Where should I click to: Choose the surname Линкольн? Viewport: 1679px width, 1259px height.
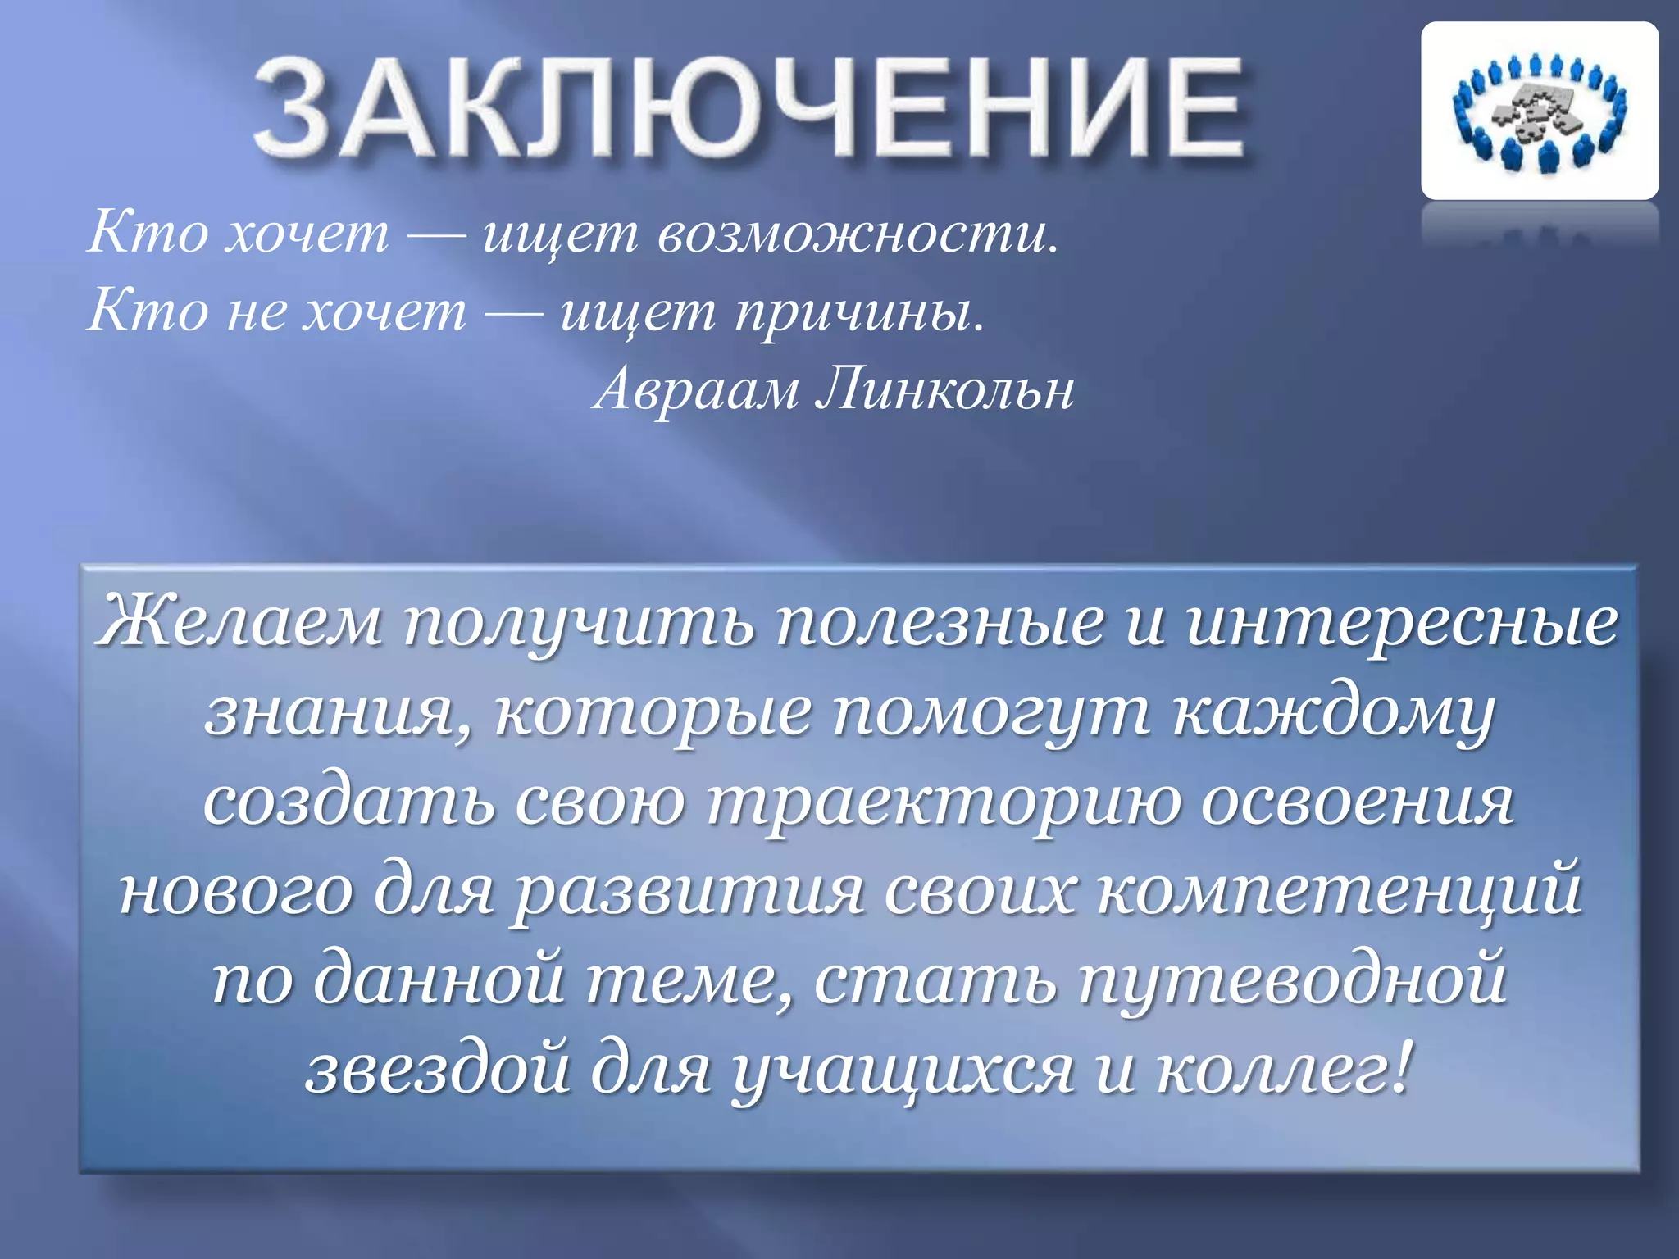(944, 389)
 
